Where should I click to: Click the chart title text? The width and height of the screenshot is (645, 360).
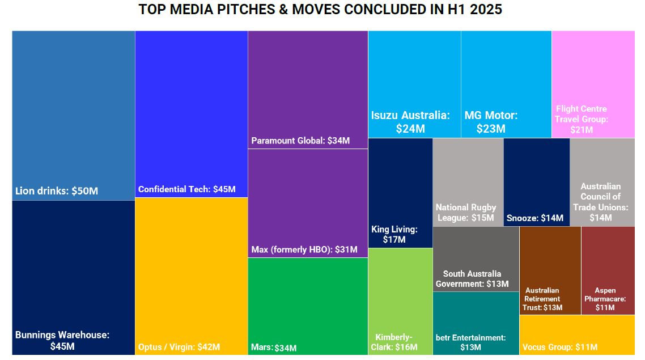[x=320, y=10]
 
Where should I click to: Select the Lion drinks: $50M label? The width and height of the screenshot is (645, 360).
[x=57, y=191]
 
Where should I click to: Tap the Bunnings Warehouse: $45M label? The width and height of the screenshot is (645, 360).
[x=62, y=340]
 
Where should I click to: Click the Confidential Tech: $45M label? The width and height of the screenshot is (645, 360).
[x=187, y=189]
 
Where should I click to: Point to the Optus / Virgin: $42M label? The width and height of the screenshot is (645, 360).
[x=179, y=347]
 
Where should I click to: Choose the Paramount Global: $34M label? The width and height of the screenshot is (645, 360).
[x=300, y=141]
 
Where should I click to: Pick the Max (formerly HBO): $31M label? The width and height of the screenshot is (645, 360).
[x=304, y=249]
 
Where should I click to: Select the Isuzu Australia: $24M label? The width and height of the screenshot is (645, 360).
[x=411, y=122]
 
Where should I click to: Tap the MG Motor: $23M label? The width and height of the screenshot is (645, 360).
[x=491, y=122]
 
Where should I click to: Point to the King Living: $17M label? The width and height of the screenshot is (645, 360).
[x=394, y=234]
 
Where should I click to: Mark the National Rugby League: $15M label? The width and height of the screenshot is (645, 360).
[x=466, y=213]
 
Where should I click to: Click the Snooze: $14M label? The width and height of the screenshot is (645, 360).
[x=535, y=218]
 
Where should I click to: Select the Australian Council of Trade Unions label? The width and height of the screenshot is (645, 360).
[x=601, y=202]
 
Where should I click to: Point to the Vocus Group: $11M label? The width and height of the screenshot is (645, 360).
[x=560, y=347]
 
